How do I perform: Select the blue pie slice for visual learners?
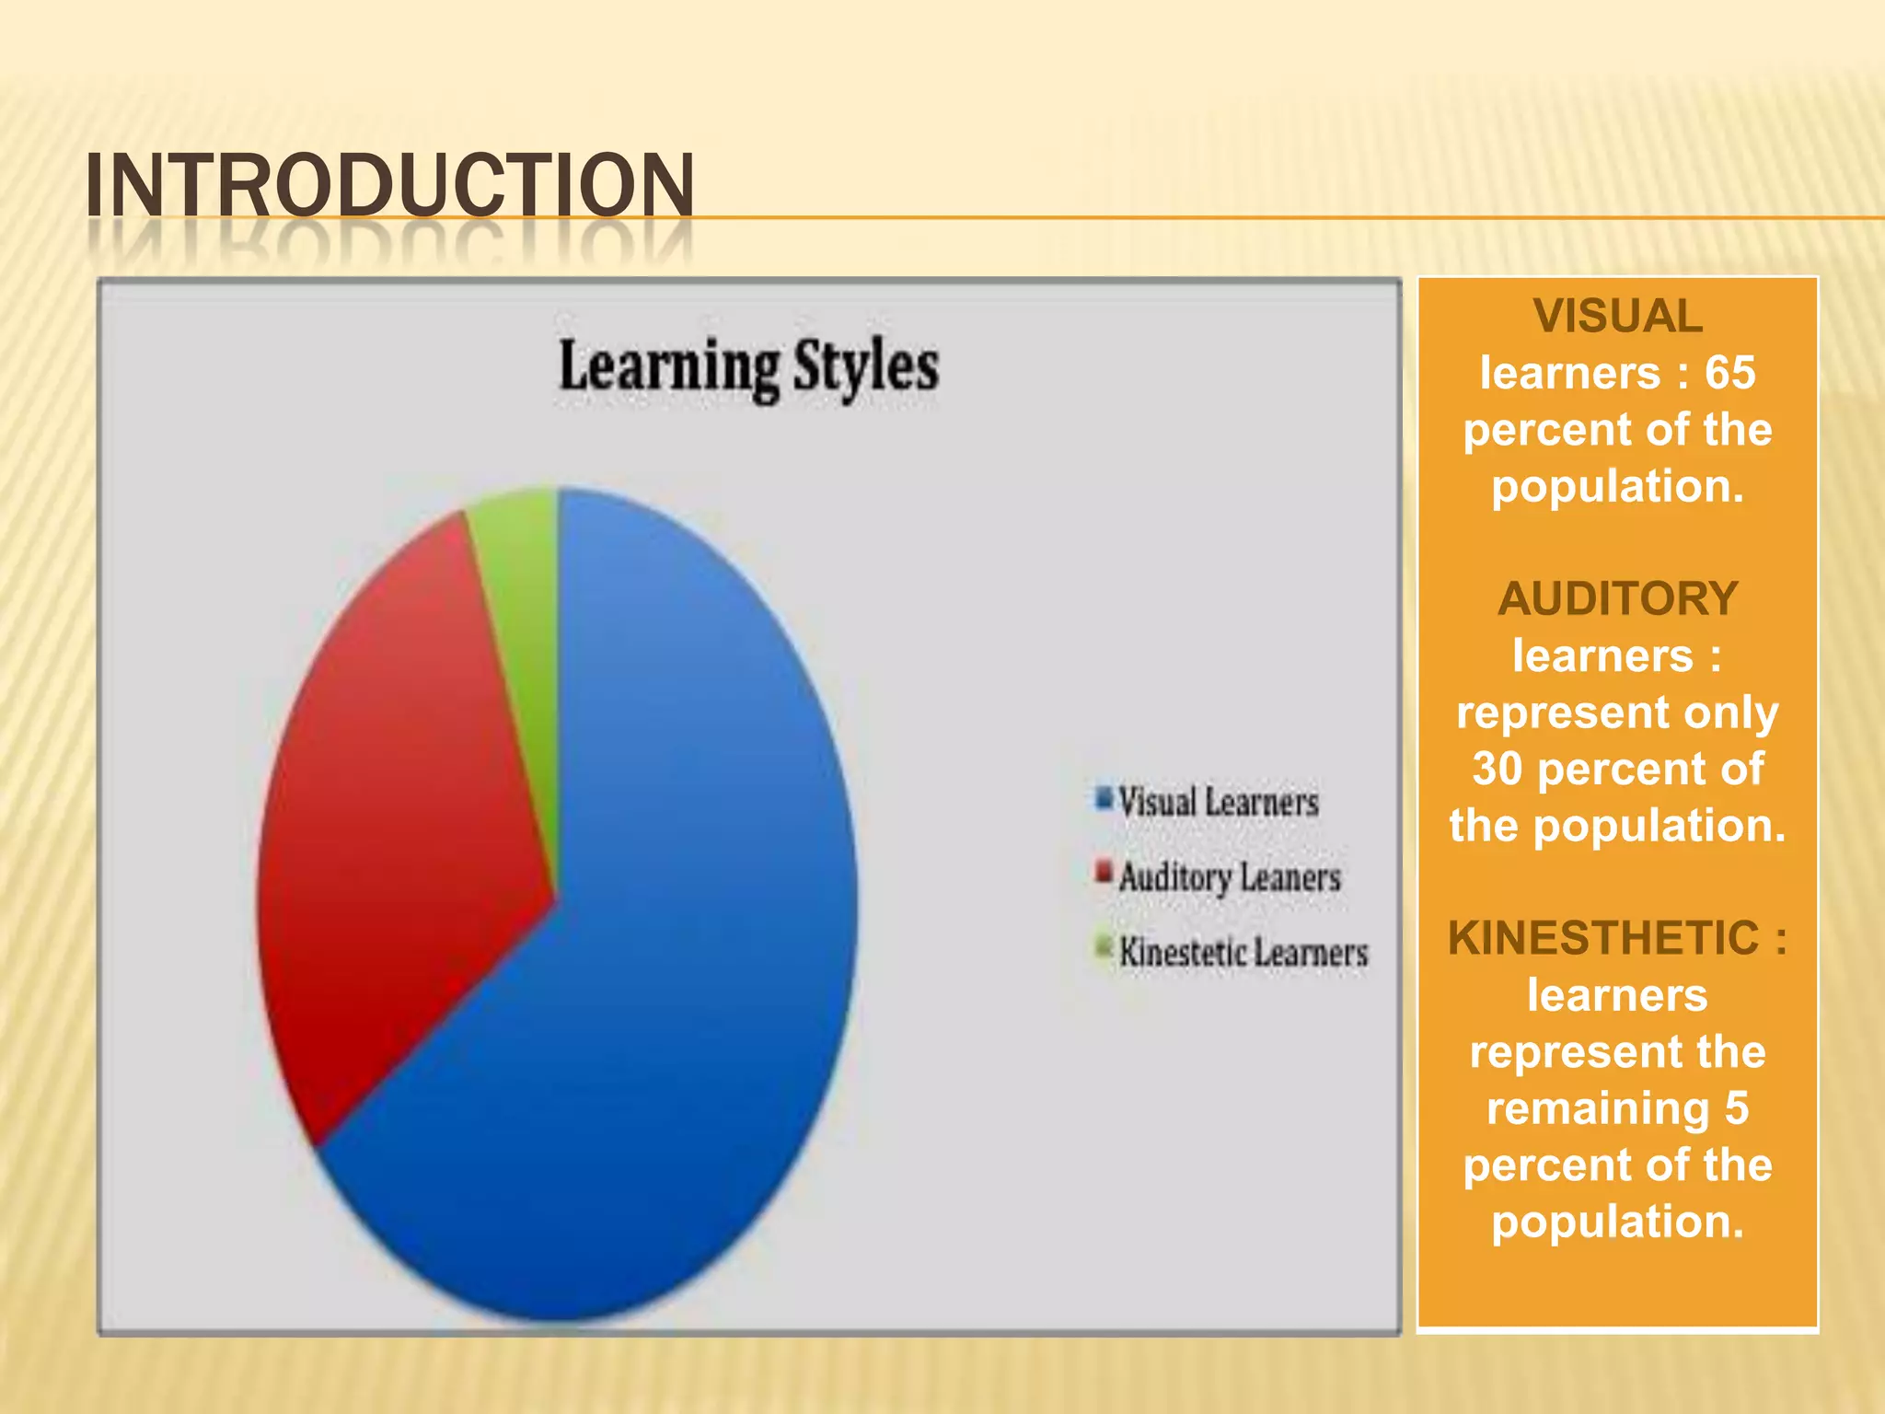pos(681,967)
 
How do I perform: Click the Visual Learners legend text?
pos(1218,802)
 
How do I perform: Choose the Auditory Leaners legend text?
pos(1230,877)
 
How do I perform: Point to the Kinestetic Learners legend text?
pos(1243,952)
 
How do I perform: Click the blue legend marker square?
pos(1104,797)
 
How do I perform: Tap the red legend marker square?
pos(1104,871)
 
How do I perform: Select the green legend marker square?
pos(1104,945)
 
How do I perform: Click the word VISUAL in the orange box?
pos(1617,317)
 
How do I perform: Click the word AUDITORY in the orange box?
pos(1617,599)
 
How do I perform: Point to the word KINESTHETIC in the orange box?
pos(1602,939)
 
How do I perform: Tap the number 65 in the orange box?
pos(1729,374)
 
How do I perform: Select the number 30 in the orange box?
pos(1498,770)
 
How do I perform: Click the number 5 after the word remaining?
pos(1736,1108)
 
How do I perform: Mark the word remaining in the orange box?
pos(1597,1108)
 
